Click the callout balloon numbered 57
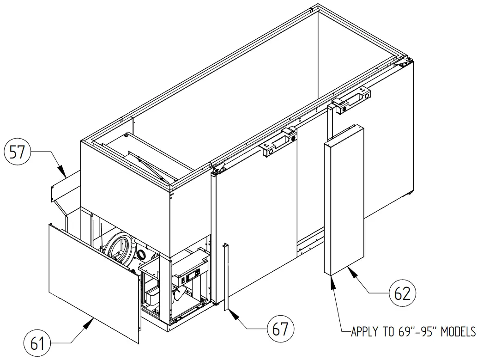(x=17, y=153)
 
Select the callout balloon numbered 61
(x=37, y=342)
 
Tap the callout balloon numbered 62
(x=402, y=293)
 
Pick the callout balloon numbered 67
(x=280, y=329)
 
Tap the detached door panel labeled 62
(x=344, y=203)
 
